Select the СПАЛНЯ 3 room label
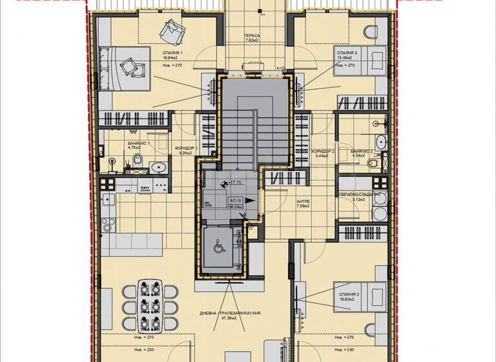pyautogui.click(x=346, y=52)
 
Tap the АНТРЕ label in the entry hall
pyautogui.click(x=303, y=202)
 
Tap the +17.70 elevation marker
pyautogui.click(x=232, y=184)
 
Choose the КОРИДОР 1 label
pyautogui.click(x=186, y=148)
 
